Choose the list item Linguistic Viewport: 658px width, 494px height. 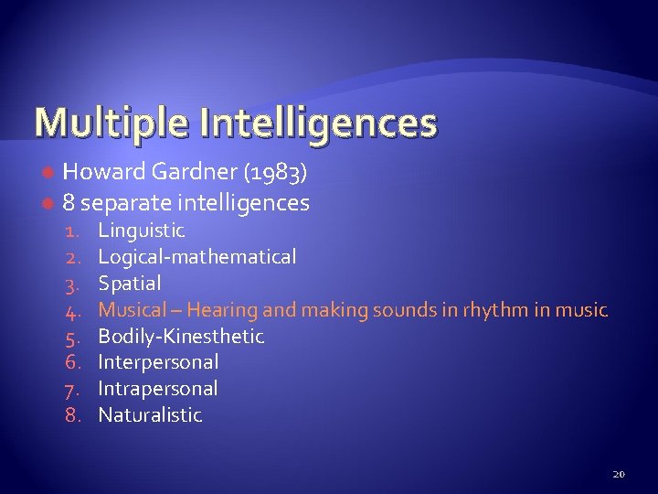[x=142, y=231]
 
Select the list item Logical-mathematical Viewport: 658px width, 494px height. [x=196, y=257]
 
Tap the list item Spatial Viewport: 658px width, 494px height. [x=129, y=284]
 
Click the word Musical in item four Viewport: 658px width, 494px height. [x=132, y=310]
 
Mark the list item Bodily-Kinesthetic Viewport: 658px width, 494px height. [x=181, y=337]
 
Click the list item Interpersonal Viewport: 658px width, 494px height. [x=158, y=362]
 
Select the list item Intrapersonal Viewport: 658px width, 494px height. [x=157, y=389]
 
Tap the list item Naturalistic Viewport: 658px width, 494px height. [x=150, y=415]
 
